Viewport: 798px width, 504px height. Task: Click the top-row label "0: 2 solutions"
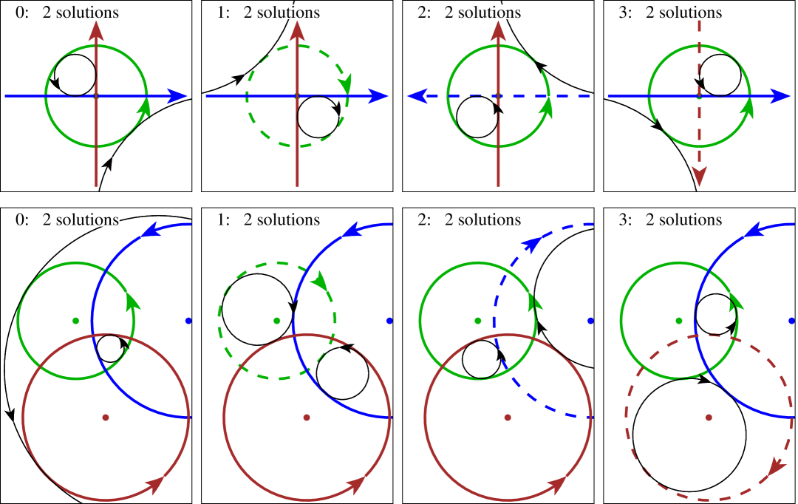pyautogui.click(x=67, y=12)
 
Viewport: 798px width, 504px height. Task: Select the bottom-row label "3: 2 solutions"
pyautogui.click(x=670, y=219)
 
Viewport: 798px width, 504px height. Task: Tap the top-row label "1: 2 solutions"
pyautogui.click(x=268, y=12)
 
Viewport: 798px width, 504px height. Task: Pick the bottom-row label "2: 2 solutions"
pyautogui.click(x=469, y=219)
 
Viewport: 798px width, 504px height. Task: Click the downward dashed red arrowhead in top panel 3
pyautogui.click(x=699, y=177)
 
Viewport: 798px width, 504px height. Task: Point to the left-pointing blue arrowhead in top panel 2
pyautogui.click(x=417, y=96)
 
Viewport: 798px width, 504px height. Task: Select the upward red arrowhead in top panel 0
pyautogui.click(x=96, y=30)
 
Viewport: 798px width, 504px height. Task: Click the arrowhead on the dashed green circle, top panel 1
pyautogui.click(x=344, y=83)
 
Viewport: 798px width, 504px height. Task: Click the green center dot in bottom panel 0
pyautogui.click(x=75, y=321)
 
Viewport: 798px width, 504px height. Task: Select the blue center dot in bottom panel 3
pyautogui.click(x=791, y=321)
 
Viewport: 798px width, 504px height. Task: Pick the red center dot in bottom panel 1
pyautogui.click(x=307, y=418)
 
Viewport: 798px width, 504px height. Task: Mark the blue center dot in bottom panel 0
pyautogui.click(x=188, y=321)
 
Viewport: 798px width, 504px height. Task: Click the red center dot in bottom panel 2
pyautogui.click(x=508, y=418)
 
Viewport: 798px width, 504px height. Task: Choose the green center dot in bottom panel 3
pyautogui.click(x=679, y=321)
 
